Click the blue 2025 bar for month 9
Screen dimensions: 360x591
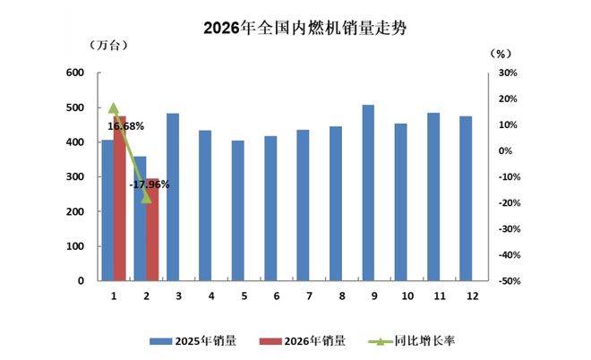[368, 193]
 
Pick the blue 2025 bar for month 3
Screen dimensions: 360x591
[173, 197]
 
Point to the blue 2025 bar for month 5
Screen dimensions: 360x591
[237, 210]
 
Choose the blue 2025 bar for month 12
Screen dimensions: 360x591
[466, 198]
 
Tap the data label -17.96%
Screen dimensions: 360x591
[150, 184]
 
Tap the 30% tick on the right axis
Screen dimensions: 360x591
[507, 73]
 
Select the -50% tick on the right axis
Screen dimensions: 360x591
[507, 281]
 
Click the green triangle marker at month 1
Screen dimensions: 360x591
[114, 107]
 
